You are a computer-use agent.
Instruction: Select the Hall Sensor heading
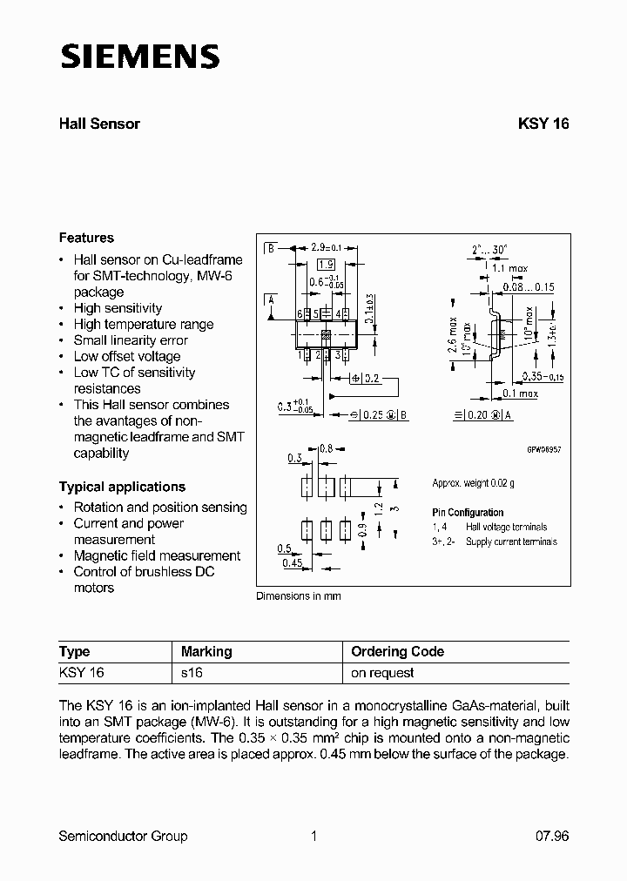point(99,124)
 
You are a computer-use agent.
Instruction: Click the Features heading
point(86,238)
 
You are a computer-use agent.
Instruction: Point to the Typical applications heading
point(122,487)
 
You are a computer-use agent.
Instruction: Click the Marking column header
point(206,651)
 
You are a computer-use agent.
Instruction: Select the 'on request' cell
point(382,673)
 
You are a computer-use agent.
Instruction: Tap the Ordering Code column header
point(397,651)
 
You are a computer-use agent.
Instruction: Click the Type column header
point(74,651)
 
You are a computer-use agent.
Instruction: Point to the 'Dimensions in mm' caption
point(298,596)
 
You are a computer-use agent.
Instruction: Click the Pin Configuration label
point(468,513)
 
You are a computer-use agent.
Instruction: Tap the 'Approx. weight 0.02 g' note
point(473,483)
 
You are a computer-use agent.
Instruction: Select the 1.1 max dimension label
point(511,269)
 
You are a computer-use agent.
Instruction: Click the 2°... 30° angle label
point(490,249)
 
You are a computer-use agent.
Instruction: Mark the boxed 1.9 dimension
point(326,265)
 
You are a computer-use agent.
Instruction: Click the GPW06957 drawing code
point(543,449)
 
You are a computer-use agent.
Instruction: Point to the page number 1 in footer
point(313,836)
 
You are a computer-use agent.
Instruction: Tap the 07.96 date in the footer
point(550,836)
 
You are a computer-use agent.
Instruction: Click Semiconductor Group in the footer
point(123,836)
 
